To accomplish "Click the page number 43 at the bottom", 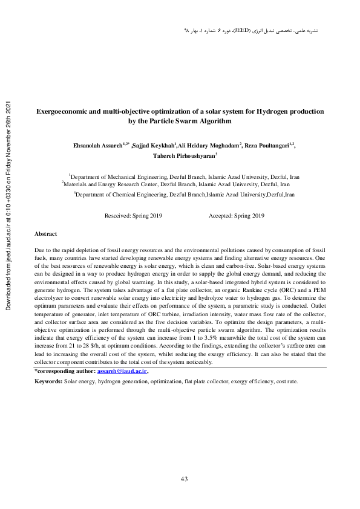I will tap(185, 479).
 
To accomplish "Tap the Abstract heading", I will tap(45, 233).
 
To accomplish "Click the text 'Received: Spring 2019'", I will tap(133, 216).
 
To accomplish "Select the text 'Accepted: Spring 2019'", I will tap(237, 216).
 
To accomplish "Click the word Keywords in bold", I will tap(48, 383).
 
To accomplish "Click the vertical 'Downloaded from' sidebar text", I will tap(8, 206).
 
